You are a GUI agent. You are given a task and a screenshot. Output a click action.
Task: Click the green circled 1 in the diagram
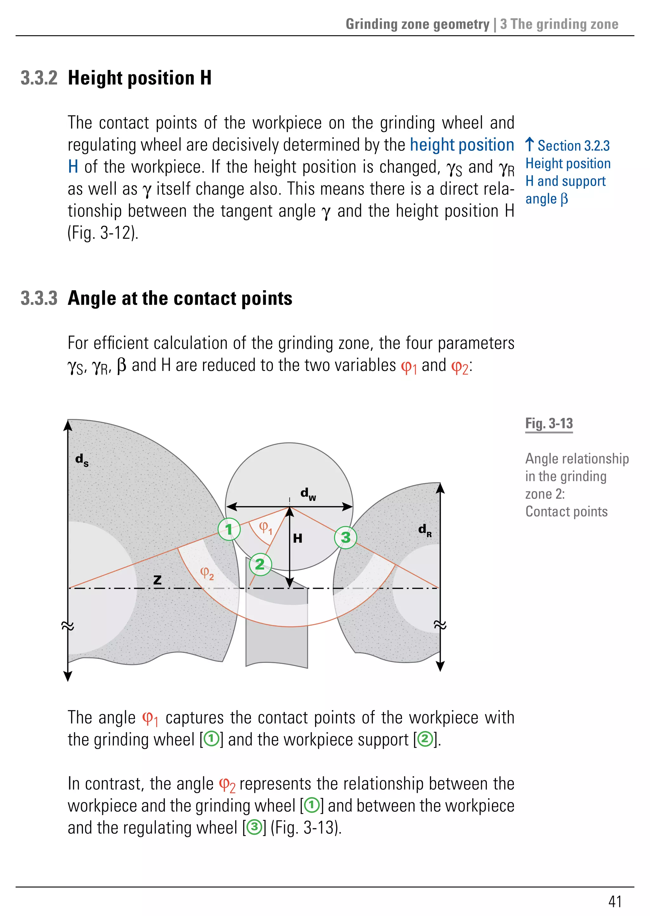(229, 529)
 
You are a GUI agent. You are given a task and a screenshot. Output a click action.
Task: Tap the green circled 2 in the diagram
(260, 564)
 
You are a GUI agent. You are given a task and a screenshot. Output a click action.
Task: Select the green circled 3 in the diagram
(345, 537)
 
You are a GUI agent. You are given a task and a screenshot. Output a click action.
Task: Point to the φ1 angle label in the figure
(265, 528)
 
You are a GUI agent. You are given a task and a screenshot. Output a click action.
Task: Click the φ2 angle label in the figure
(207, 573)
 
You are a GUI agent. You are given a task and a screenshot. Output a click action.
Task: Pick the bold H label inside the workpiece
(297, 538)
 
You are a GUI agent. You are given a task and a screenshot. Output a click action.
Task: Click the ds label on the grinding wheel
(82, 460)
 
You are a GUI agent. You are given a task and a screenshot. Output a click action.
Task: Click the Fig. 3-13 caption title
(549, 423)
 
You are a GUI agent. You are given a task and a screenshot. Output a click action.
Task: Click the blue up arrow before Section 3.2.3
(529, 145)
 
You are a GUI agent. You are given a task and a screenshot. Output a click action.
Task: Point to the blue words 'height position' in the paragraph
(462, 145)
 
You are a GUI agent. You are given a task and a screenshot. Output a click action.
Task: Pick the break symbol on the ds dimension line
(68, 626)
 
